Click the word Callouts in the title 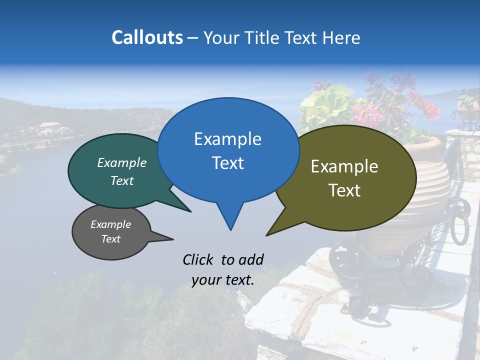(147, 37)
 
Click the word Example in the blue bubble (227, 139)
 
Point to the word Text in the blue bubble (227, 163)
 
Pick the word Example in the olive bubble (344, 166)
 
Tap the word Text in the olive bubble (344, 190)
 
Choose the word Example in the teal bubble (122, 163)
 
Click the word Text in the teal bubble (122, 181)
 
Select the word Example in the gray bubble (111, 224)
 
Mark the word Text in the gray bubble (111, 239)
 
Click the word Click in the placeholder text (199, 259)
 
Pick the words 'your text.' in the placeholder (223, 280)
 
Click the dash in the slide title (193, 38)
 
